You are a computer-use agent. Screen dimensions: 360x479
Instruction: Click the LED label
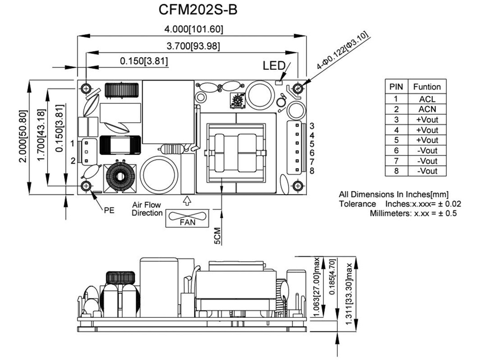click(274, 66)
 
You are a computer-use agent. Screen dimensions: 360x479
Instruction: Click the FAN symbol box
click(188, 219)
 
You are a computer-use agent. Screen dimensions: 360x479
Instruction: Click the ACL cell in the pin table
click(427, 99)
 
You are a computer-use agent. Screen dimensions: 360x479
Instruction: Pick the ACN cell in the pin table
click(427, 110)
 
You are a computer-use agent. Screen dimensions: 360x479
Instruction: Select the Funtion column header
click(427, 87)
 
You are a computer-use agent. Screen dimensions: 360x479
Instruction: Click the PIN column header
click(396, 87)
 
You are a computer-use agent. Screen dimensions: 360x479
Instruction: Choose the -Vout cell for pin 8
click(427, 171)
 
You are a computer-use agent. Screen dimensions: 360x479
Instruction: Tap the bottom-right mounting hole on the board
click(297, 186)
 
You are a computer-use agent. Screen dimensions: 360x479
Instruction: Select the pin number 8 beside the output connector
click(312, 171)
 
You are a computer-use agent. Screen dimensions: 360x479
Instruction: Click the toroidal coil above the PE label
click(119, 177)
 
